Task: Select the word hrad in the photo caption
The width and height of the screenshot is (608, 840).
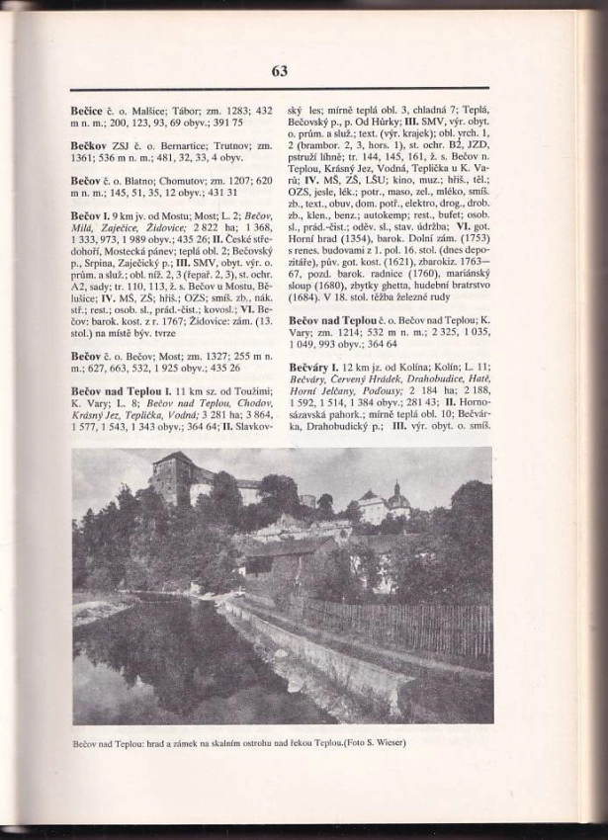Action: point(157,741)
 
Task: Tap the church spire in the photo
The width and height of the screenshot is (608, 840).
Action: point(396,492)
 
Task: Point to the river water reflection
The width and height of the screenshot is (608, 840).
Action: point(148,662)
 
